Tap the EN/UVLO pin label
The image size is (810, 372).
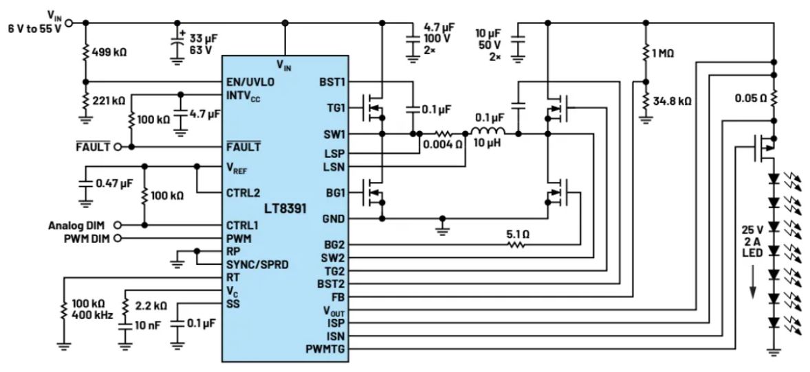(250, 82)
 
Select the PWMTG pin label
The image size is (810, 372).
(326, 350)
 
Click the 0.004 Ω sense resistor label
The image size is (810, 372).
(443, 146)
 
